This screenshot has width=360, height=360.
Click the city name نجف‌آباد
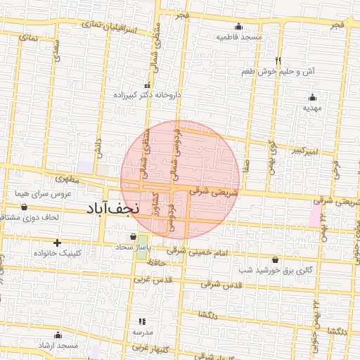(x=113, y=209)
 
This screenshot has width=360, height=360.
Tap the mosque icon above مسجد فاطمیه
(x=238, y=27)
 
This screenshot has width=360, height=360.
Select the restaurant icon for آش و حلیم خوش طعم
(x=278, y=60)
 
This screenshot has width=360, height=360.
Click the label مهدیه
(x=311, y=108)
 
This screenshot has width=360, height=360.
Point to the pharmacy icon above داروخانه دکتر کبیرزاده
(x=147, y=85)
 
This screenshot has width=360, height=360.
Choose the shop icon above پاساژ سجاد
(x=134, y=237)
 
